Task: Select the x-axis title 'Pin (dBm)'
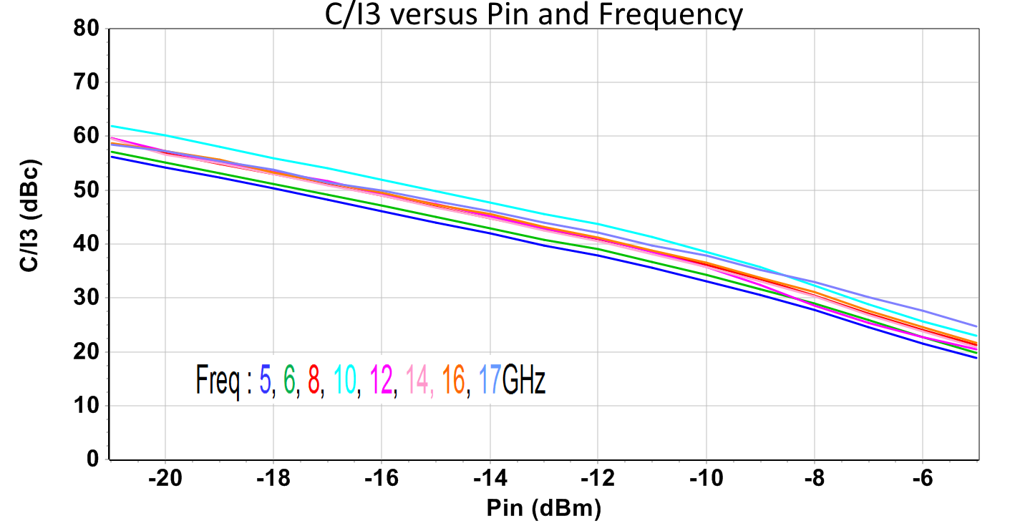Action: (543, 508)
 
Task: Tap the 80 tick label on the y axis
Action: (88, 29)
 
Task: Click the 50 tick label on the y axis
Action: (88, 190)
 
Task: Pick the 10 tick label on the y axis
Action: (88, 406)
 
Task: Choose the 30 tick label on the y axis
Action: (88, 298)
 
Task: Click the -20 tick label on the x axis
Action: (165, 479)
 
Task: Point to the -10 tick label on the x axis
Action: (706, 479)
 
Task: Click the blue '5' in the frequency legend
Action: (266, 380)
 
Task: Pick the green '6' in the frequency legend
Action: (289, 380)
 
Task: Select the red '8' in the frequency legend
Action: (314, 380)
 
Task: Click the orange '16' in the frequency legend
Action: (454, 380)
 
